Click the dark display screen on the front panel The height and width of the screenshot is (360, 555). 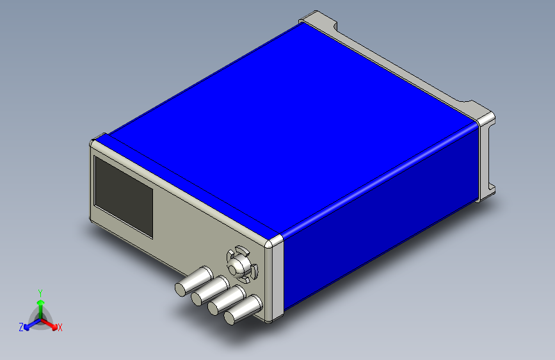124,196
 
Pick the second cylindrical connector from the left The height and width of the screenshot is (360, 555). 209,291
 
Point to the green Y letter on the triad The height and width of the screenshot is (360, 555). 40,292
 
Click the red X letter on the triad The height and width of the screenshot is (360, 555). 60,328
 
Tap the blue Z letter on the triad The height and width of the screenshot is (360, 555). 20,327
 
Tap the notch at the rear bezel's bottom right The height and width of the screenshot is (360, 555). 493,189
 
